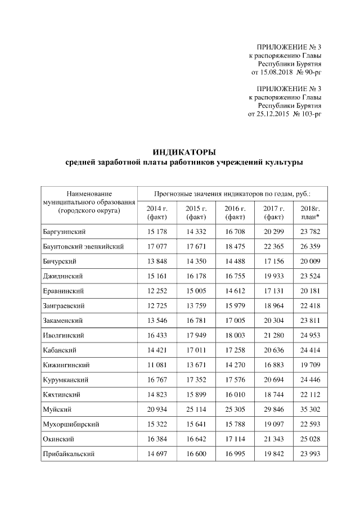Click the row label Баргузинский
click(x=68, y=231)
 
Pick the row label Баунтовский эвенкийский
click(x=83, y=246)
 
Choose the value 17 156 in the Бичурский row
click(x=274, y=261)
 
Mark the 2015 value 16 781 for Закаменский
click(x=196, y=320)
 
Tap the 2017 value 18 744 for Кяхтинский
click(x=274, y=394)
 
